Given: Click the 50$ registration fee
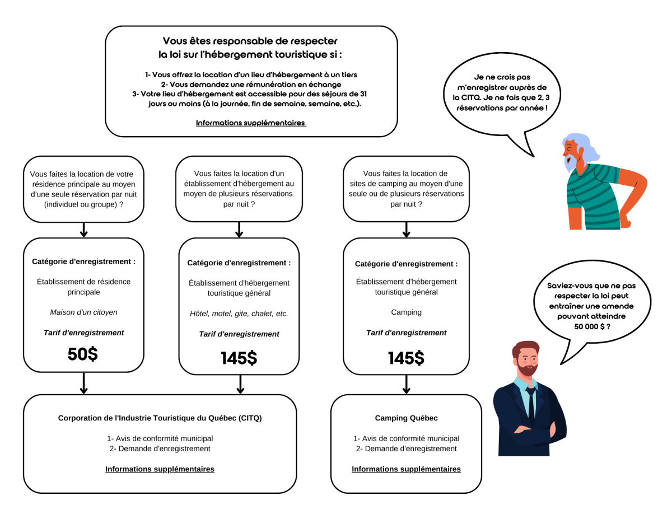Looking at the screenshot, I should [x=83, y=354].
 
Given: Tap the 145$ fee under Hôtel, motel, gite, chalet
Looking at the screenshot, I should [x=239, y=358].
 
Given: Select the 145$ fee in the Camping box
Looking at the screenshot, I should [x=406, y=358].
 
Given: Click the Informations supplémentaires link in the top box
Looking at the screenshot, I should [x=251, y=123].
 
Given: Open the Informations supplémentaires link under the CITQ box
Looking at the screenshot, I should [x=160, y=469].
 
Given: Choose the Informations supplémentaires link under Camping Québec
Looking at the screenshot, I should [x=406, y=469].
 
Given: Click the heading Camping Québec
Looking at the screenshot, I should [x=406, y=418].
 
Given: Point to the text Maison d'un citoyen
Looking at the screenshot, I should [x=83, y=312].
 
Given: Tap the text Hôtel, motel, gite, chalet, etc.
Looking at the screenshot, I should [x=239, y=314].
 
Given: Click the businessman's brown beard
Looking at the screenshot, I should [x=526, y=370].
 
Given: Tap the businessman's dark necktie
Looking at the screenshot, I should [x=530, y=403].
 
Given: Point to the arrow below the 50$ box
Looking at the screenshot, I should [x=83, y=384].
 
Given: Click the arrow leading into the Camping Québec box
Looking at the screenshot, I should [x=406, y=384].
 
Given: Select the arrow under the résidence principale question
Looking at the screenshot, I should [x=83, y=229].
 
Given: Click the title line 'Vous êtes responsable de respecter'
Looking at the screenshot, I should [x=250, y=41].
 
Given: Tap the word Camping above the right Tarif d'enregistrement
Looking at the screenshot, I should [x=406, y=312].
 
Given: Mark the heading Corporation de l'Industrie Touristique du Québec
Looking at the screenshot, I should [x=160, y=418].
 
